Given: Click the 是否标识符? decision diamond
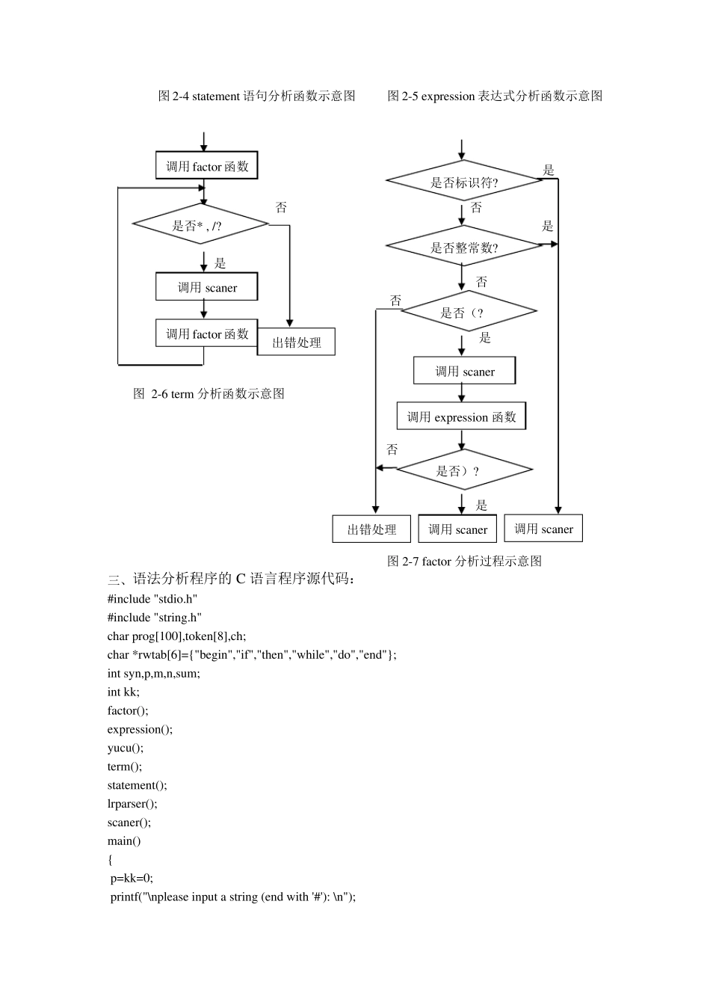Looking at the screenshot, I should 463,181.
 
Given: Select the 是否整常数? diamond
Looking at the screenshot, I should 463,247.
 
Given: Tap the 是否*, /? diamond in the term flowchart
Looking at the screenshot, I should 200,224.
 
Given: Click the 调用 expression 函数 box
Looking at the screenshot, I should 461,417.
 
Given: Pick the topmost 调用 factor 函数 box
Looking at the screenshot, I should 206,166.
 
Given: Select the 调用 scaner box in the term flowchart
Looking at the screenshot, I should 206,287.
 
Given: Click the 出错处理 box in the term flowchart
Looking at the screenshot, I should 296,342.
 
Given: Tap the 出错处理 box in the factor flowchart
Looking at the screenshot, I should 371,529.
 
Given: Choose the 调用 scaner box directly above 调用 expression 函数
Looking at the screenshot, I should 464,371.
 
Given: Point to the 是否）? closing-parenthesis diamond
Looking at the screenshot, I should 463,470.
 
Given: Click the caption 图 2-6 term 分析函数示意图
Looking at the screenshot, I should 209,394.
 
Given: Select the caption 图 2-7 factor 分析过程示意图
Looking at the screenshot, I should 464,561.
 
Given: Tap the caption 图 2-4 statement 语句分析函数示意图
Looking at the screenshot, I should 256,96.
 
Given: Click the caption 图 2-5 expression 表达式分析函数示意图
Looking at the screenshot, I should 495,96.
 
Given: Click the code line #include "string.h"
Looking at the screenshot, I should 155,618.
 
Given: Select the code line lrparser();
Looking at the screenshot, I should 132,804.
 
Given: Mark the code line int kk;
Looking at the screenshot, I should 123,692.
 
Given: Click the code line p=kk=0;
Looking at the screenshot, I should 132,879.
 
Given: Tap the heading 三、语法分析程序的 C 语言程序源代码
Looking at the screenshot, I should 232,579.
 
